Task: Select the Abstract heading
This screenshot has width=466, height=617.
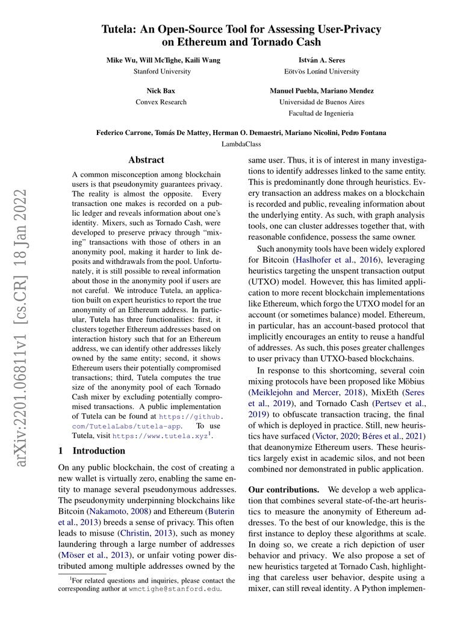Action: pos(146,160)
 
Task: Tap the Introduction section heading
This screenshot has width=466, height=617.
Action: pos(99,451)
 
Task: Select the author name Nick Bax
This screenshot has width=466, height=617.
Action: pos(161,91)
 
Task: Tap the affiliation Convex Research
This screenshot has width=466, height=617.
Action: pos(161,102)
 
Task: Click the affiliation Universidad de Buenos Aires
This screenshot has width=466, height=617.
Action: pos(322,102)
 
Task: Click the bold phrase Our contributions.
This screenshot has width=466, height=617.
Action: pos(284,490)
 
